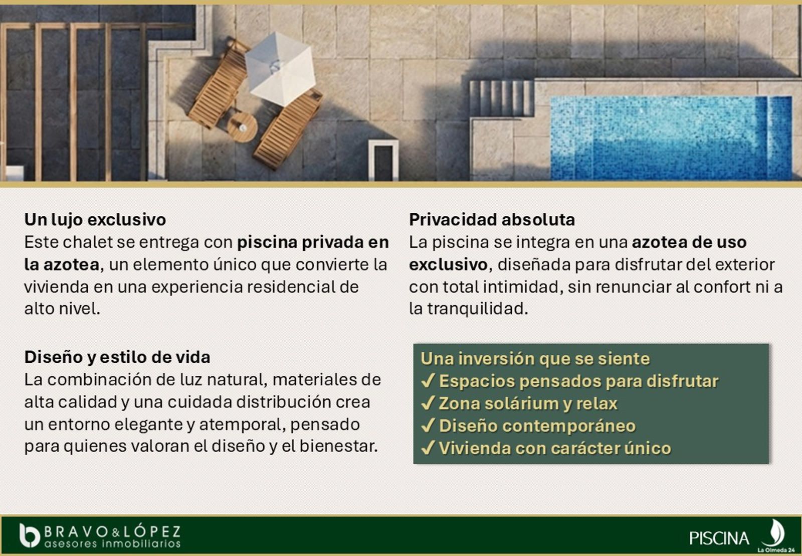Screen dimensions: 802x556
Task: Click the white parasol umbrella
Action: (280, 69)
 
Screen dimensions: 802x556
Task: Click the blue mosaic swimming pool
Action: (671, 138)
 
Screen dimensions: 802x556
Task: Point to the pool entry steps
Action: (501, 98)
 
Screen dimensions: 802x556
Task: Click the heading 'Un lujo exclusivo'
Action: (95, 219)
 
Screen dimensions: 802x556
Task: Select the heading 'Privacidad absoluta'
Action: (492, 219)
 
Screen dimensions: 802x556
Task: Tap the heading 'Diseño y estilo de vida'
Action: (117, 357)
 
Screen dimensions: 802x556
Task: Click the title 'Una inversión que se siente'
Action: (535, 358)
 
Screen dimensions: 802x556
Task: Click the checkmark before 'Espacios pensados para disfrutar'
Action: (429, 381)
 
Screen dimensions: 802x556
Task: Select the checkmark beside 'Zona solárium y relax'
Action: (429, 403)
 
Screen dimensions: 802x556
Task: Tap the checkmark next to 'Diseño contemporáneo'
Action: (429, 426)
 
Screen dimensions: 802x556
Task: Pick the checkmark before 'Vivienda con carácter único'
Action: (429, 448)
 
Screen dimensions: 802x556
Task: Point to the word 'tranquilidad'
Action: (478, 309)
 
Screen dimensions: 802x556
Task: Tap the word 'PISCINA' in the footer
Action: (719, 538)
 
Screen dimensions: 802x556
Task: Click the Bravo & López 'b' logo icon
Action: (30, 535)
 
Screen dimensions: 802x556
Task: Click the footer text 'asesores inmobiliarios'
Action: (112, 543)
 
